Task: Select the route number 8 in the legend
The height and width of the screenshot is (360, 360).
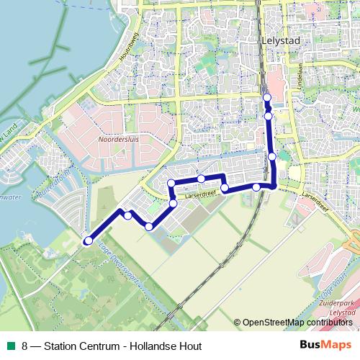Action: [x=25, y=346]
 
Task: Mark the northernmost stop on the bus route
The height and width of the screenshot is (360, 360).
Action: [x=266, y=97]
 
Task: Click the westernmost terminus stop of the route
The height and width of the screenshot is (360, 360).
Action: [x=89, y=240]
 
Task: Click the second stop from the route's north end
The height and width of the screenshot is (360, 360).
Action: [x=268, y=115]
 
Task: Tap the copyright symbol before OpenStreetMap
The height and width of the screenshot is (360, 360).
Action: [x=237, y=323]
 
